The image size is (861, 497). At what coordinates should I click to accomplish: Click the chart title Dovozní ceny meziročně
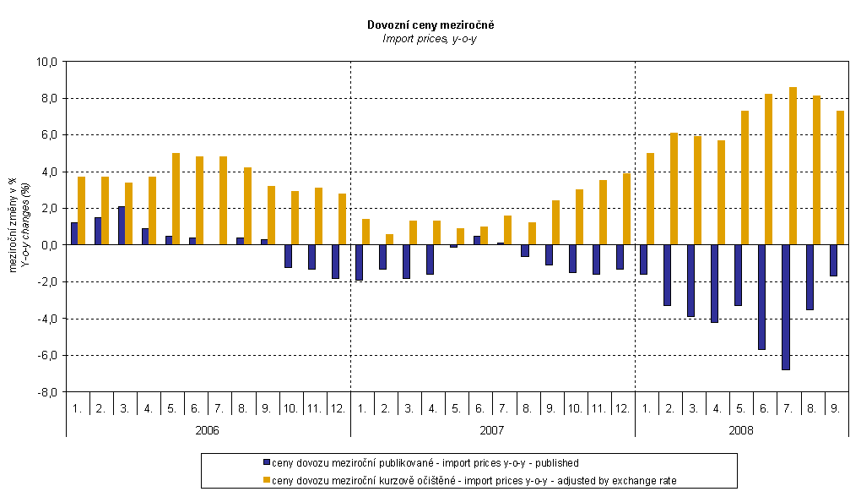point(430,25)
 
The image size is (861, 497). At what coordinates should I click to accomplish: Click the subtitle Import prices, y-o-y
point(430,38)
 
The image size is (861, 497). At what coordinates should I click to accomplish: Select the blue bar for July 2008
point(786,307)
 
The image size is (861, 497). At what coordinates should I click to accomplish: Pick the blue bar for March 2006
point(122,226)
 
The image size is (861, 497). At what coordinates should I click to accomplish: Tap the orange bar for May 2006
point(176,199)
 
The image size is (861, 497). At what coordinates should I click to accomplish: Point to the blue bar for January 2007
point(359,262)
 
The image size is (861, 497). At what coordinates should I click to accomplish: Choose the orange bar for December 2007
point(626,209)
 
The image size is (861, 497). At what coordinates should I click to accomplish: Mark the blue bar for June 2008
point(762,297)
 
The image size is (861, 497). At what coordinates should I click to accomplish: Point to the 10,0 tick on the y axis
point(46,62)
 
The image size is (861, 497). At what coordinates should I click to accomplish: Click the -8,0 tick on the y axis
point(46,392)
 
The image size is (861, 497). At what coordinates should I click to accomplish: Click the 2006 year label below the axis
point(208,429)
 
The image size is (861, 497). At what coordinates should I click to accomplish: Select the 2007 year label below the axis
point(492,429)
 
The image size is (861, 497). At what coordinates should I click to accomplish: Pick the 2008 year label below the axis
point(742,429)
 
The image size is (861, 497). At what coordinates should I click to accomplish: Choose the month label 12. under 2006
point(336,408)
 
